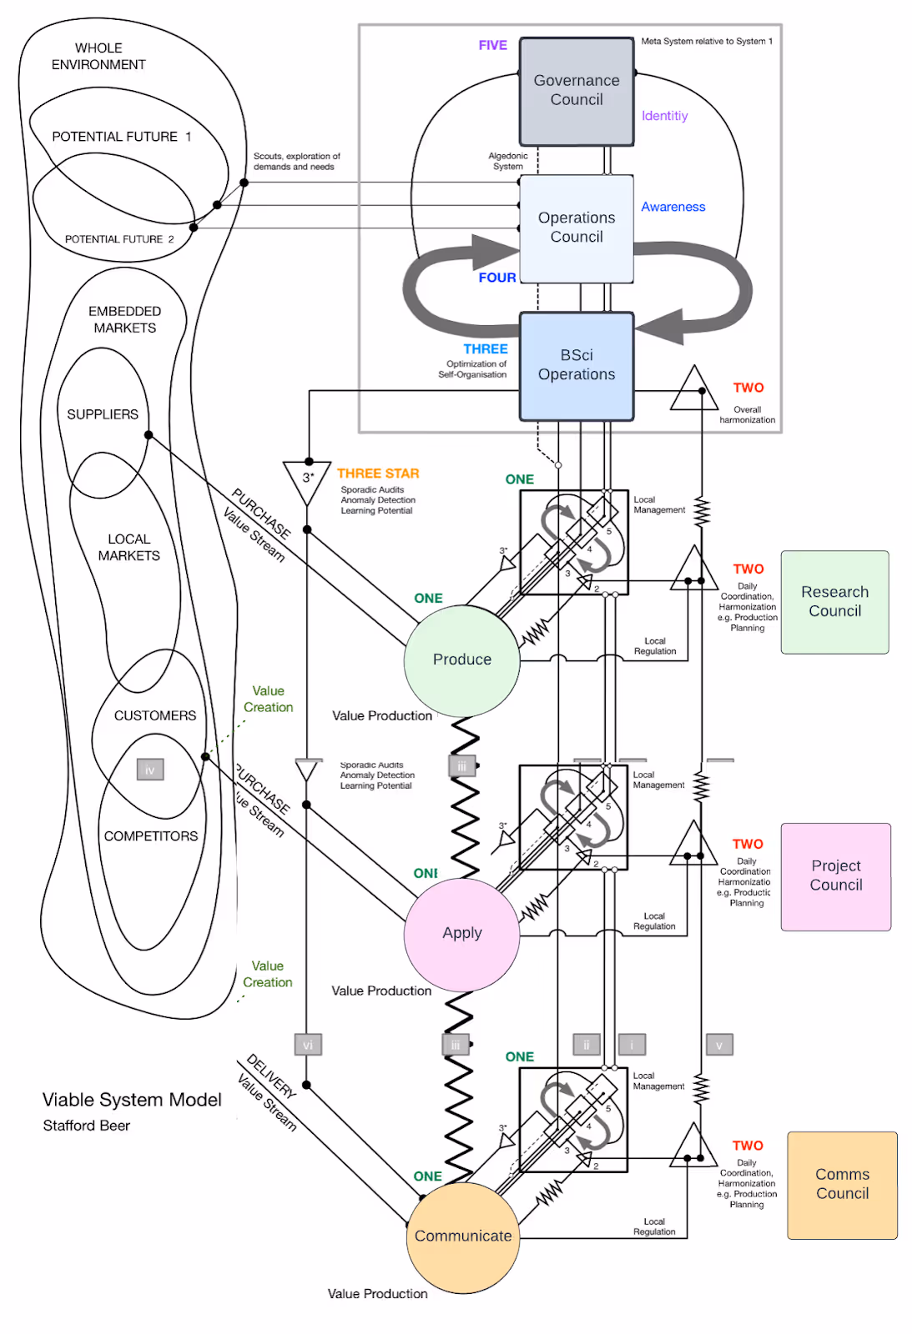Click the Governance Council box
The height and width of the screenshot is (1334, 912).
click(x=577, y=91)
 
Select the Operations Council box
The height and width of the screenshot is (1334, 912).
click(x=577, y=228)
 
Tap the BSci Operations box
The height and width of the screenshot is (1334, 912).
click(x=577, y=365)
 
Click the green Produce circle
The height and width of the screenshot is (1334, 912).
click(x=462, y=660)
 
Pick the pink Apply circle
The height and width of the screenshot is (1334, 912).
click(x=462, y=934)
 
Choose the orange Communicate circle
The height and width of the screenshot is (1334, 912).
click(x=463, y=1236)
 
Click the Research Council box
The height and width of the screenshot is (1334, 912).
click(x=834, y=602)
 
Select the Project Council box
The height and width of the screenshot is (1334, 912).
click(x=835, y=876)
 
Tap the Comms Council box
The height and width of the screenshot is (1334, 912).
click(x=842, y=1185)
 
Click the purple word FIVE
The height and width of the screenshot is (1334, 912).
click(x=492, y=46)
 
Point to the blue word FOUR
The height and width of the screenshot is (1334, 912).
click(x=496, y=278)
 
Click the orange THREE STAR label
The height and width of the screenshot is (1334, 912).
click(x=378, y=474)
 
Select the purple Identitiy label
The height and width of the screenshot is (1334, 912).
click(x=664, y=116)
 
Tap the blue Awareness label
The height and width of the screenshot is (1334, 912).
click(x=673, y=207)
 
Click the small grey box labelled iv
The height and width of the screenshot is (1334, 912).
click(x=150, y=770)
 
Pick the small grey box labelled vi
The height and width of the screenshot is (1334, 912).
click(x=308, y=1045)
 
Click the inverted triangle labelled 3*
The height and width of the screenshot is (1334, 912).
click(x=308, y=479)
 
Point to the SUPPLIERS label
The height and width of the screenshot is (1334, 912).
click(x=103, y=414)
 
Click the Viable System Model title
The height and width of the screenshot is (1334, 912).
click(x=132, y=1101)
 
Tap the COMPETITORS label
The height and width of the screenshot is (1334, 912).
click(x=151, y=836)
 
